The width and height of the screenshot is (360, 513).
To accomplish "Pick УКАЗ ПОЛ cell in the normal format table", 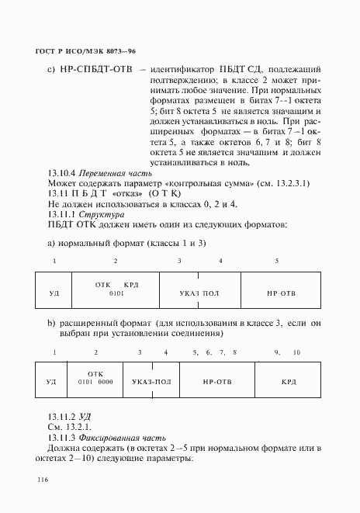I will (x=199, y=296).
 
